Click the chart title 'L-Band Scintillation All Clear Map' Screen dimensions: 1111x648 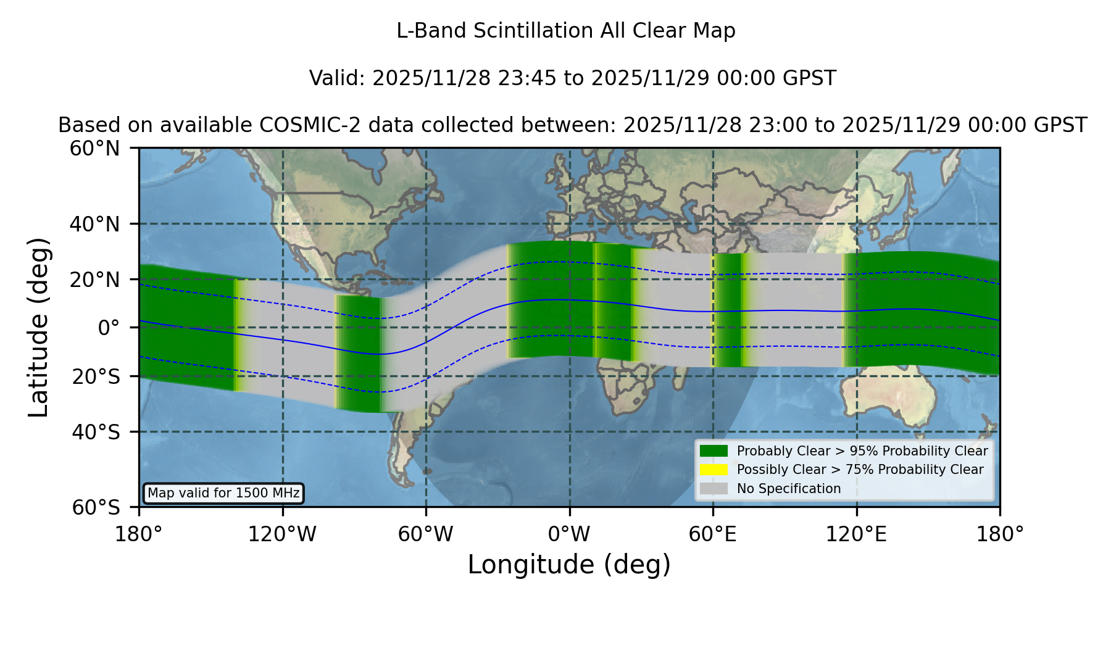[x=565, y=31]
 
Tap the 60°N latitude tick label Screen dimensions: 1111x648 [x=94, y=148]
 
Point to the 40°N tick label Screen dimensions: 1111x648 [x=94, y=224]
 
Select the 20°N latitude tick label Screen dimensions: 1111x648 [x=94, y=280]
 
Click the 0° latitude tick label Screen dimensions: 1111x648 [x=109, y=328]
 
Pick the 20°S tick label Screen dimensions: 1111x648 [x=96, y=376]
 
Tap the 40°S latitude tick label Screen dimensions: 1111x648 [x=96, y=432]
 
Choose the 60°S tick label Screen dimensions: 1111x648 [x=96, y=507]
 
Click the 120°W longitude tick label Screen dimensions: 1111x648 [x=282, y=534]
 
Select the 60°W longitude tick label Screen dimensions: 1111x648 [x=426, y=534]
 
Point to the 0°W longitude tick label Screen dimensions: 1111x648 [x=569, y=534]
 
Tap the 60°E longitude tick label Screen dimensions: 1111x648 [x=713, y=534]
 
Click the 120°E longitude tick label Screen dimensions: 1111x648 [x=856, y=534]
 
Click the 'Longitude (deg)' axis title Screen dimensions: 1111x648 [x=569, y=565]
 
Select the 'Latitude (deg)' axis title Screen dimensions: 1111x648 [x=38, y=327]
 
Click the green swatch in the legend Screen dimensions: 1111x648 [x=714, y=451]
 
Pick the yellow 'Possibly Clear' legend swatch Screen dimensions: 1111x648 [x=714, y=470]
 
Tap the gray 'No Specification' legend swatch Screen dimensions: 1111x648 [x=714, y=489]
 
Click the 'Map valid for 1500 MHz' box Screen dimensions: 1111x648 [x=223, y=493]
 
